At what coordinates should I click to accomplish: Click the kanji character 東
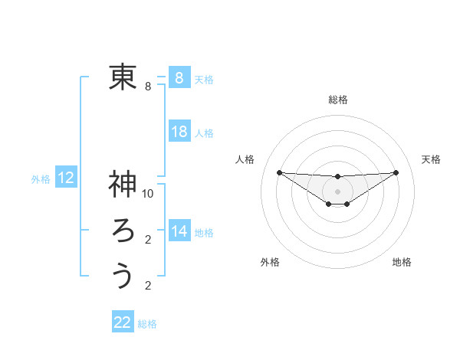(123, 77)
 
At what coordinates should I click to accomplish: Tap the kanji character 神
(123, 184)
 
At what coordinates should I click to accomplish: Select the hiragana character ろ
(123, 230)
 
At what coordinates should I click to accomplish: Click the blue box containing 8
(179, 77)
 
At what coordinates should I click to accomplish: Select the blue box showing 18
(179, 132)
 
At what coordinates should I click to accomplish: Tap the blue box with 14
(179, 231)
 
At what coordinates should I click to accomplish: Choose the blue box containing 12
(66, 178)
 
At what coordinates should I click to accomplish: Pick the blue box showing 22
(123, 322)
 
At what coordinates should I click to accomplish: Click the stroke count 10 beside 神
(148, 194)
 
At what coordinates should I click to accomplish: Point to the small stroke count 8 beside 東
(148, 87)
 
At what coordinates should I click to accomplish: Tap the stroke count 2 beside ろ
(148, 240)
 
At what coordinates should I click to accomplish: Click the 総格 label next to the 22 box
(147, 324)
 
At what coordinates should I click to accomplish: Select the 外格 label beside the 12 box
(41, 179)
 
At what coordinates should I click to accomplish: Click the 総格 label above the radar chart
(338, 100)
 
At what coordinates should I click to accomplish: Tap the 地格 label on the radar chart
(402, 263)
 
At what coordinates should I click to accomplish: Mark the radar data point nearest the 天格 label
(396, 172)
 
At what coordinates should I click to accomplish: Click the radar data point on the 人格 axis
(279, 172)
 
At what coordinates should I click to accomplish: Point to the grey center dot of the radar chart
(337, 191)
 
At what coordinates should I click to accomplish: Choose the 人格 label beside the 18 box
(204, 133)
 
